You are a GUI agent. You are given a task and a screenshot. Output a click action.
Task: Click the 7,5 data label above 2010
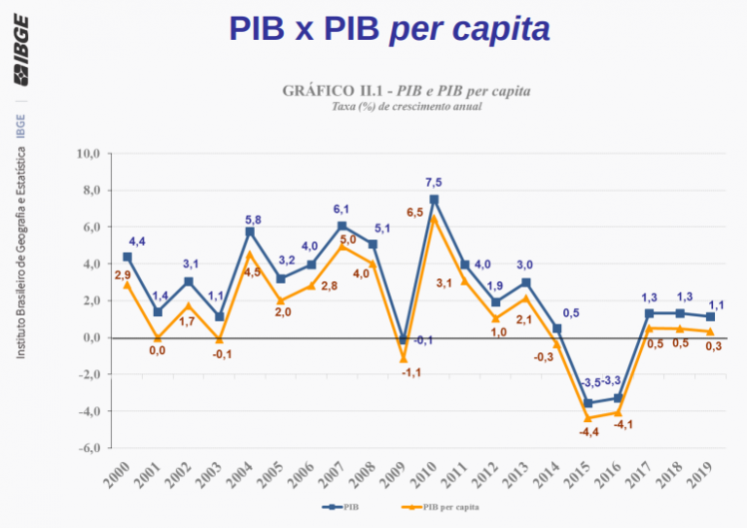tap(434, 183)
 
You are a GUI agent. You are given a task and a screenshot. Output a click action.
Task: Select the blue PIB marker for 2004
tap(250, 231)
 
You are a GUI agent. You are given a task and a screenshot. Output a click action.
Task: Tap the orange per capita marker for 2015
tap(587, 418)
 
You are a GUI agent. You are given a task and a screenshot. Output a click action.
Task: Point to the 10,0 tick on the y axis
tap(89, 154)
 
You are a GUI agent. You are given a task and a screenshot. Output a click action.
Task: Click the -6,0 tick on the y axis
tap(89, 448)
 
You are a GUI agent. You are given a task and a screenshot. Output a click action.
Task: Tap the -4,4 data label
tap(588, 432)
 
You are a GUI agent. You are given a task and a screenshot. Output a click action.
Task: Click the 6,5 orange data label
tap(415, 212)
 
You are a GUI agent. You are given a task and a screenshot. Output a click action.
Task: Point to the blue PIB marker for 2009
tap(404, 339)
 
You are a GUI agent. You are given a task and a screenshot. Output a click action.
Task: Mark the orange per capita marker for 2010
tap(434, 218)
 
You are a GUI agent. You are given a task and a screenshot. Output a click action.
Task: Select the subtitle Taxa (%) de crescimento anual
tap(407, 106)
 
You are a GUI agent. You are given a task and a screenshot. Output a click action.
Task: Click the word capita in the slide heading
tap(503, 30)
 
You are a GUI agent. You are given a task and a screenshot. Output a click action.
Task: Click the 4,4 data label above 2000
tap(137, 241)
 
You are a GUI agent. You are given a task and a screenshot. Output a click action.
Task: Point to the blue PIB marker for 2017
tap(649, 313)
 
